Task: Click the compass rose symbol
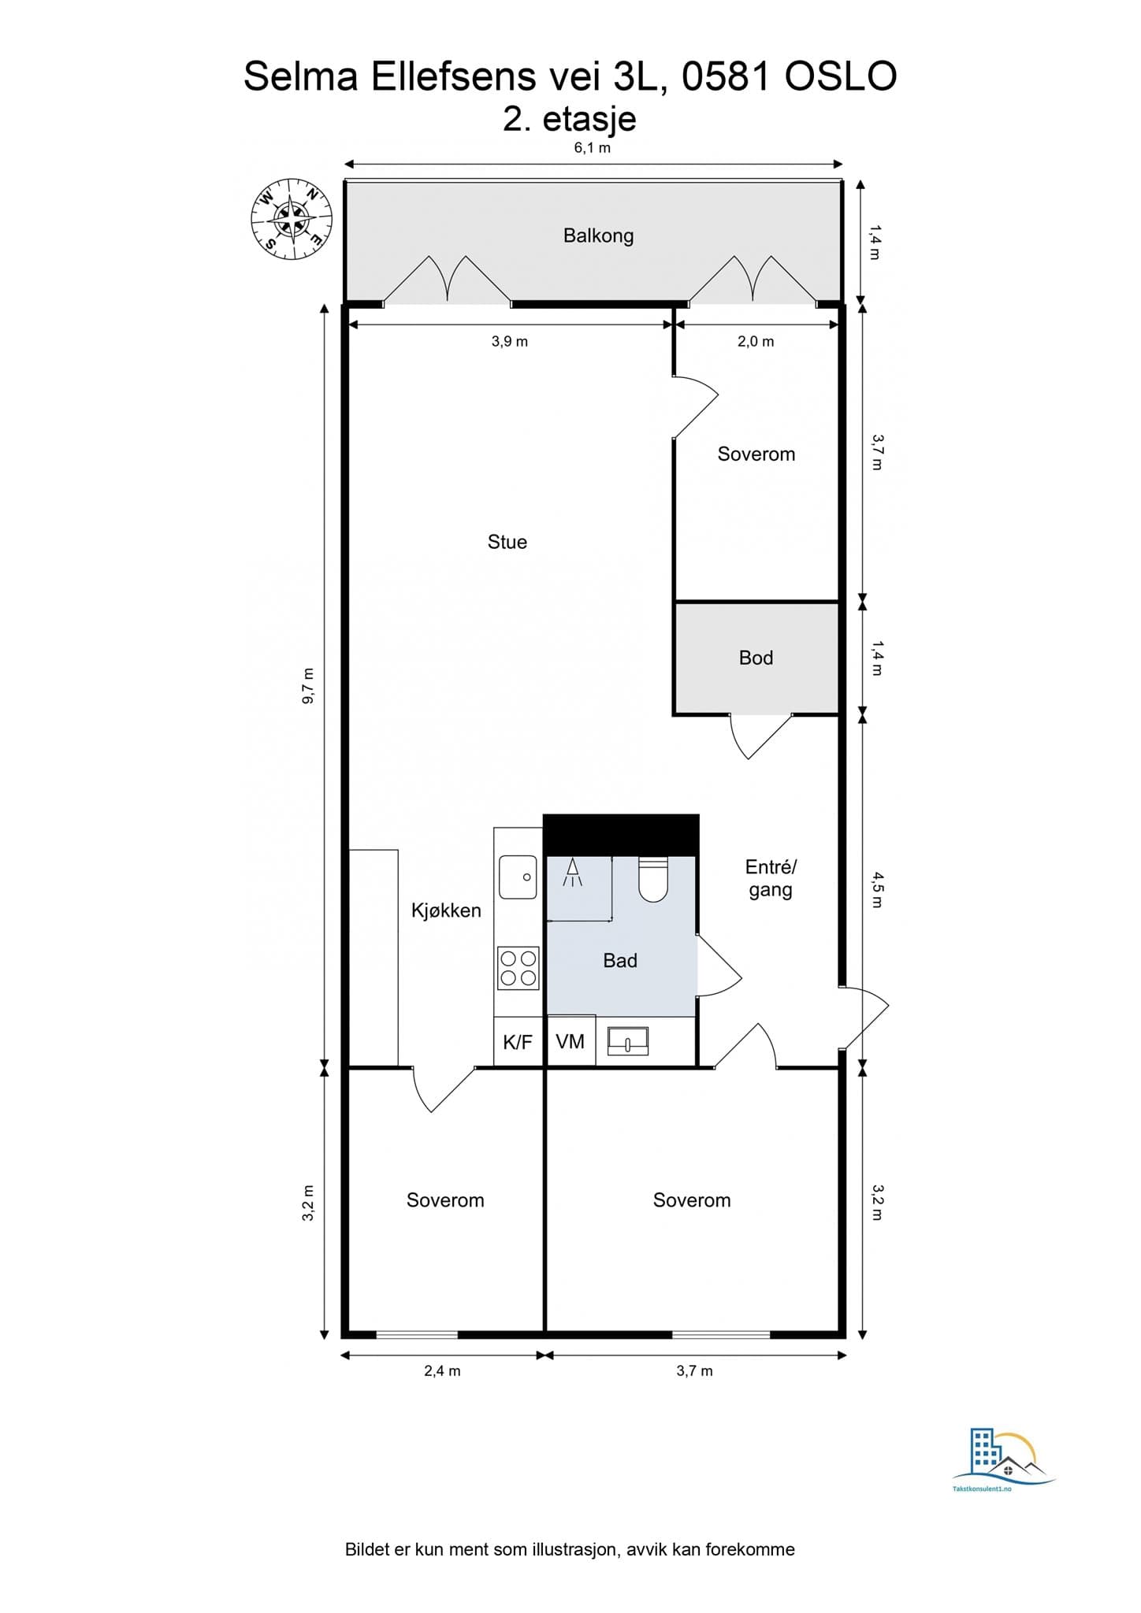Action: click(291, 218)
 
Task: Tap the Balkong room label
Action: click(598, 235)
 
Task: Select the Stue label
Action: click(507, 542)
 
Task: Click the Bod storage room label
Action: click(756, 658)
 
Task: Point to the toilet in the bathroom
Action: click(652, 880)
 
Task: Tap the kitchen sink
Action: click(518, 877)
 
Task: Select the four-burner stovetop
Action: click(518, 969)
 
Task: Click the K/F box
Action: click(518, 1043)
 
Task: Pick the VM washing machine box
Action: click(570, 1042)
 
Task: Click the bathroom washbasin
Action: click(627, 1041)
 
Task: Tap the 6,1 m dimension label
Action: click(593, 147)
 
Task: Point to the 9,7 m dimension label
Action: click(308, 685)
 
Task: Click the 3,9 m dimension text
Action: click(510, 341)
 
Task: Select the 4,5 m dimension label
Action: click(877, 890)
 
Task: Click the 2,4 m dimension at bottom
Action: click(442, 1370)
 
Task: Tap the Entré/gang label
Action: click(771, 878)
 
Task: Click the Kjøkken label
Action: click(446, 910)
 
